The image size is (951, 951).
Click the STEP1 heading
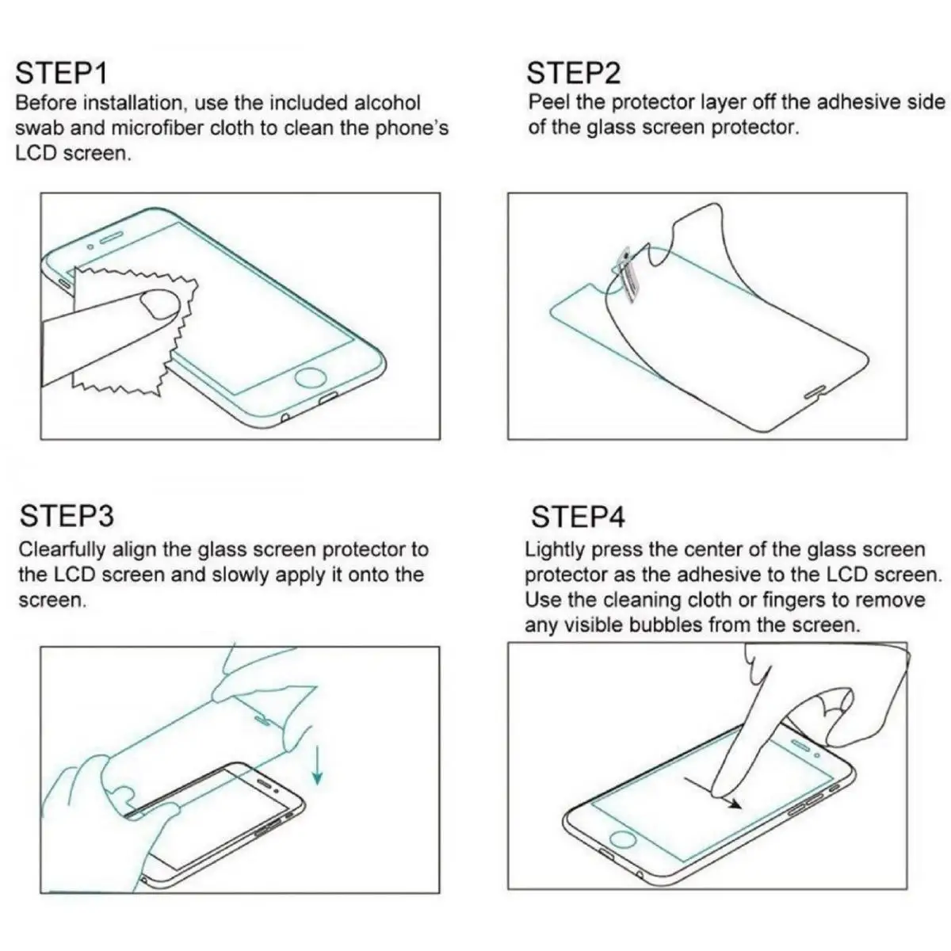coord(62,73)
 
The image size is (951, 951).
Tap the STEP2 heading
coord(575,73)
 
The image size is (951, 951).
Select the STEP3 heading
coord(67,516)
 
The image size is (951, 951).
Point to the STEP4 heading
coord(578,518)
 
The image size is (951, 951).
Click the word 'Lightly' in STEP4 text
coord(555,550)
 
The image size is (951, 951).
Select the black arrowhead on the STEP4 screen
coord(735,804)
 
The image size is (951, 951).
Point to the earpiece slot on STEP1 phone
coord(113,238)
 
